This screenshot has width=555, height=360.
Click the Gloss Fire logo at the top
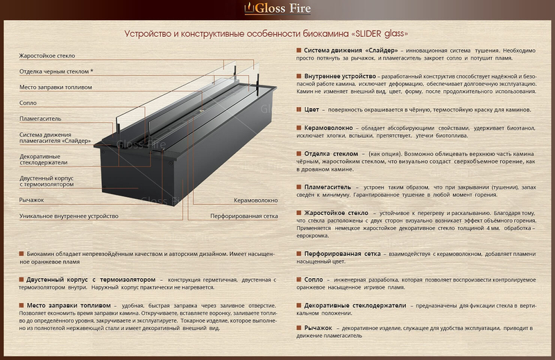pos(277,8)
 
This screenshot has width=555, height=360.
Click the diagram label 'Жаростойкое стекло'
pos(47,55)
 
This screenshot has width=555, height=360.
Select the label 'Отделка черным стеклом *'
pos(56,71)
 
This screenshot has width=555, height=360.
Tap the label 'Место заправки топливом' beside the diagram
pos(55,87)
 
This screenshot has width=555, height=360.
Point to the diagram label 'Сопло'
pos(28,103)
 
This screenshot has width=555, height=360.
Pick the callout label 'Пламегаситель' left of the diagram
pos(40,119)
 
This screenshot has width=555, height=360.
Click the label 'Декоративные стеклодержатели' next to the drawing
pos(44,160)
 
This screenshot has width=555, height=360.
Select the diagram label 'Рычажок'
pos(31,200)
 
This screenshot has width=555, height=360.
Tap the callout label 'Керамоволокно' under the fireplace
pos(255,200)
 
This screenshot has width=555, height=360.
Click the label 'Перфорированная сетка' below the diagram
pos(244,216)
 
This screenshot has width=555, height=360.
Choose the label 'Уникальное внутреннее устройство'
pos(69,216)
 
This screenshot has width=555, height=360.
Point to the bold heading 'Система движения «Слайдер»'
pos(351,50)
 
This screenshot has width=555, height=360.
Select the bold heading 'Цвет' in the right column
pos(311,110)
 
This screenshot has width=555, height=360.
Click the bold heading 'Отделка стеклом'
pos(332,153)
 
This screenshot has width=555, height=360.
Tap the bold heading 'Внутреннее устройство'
pos(340,76)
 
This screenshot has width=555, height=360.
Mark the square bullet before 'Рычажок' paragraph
pos(299,327)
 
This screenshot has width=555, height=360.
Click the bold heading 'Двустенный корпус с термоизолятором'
pos(91,280)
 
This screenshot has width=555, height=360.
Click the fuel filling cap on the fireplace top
pos(202,111)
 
